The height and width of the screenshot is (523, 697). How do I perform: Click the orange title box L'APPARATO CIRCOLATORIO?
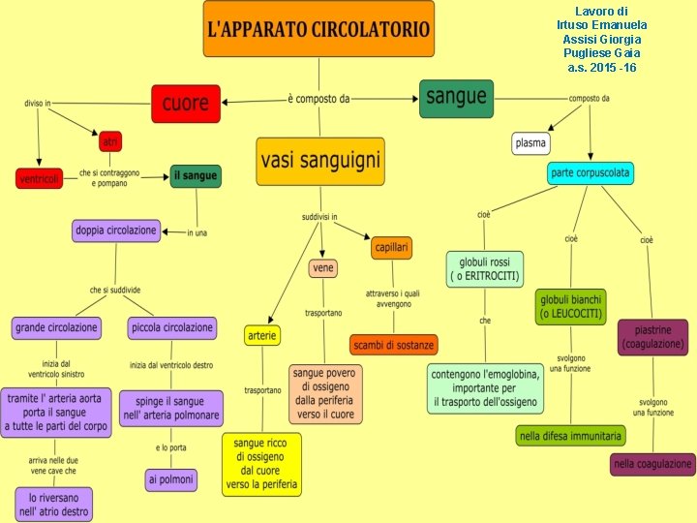pos(318,29)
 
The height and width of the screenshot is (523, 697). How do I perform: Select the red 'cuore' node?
pos(185,104)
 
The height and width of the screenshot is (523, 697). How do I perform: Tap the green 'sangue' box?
pos(457,98)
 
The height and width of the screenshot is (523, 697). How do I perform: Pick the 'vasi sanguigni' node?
pos(319,161)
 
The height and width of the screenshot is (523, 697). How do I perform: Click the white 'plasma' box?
pos(530,143)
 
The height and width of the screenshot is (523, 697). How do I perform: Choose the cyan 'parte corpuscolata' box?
pos(591,173)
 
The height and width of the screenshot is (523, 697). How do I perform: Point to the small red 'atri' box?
pos(110,141)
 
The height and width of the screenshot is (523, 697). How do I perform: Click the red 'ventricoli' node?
pos(40,178)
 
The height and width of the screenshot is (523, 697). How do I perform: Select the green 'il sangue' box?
pos(196,175)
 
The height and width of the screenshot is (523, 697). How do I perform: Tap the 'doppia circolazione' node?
pos(115,231)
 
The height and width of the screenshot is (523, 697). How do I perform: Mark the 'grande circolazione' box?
pos(56,327)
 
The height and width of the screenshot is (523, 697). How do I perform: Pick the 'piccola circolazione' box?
pos(171,327)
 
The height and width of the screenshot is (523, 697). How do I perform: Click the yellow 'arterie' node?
pos(262,335)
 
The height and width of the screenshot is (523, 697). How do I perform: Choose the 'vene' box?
pos(323,267)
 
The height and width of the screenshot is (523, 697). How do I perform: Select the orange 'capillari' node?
pos(391,248)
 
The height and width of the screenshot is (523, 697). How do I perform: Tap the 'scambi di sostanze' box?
pos(394,344)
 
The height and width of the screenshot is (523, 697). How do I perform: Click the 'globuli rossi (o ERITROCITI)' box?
pos(485,268)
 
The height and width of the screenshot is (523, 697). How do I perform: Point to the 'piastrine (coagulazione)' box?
pos(653,337)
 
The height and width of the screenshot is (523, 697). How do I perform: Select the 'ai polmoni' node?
pos(171,478)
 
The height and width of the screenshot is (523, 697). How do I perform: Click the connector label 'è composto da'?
pos(318,99)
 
